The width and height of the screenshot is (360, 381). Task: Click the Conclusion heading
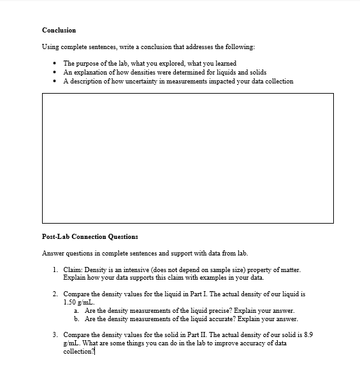point(59,30)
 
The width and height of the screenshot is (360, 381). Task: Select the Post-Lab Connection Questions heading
point(90,236)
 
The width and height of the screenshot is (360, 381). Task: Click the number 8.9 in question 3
point(308,334)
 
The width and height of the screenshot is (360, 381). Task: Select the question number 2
point(55,294)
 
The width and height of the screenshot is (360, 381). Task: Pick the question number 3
point(55,334)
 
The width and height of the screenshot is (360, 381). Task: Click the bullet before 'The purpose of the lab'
point(57,64)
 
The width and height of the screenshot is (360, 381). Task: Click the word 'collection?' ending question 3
point(78,351)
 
